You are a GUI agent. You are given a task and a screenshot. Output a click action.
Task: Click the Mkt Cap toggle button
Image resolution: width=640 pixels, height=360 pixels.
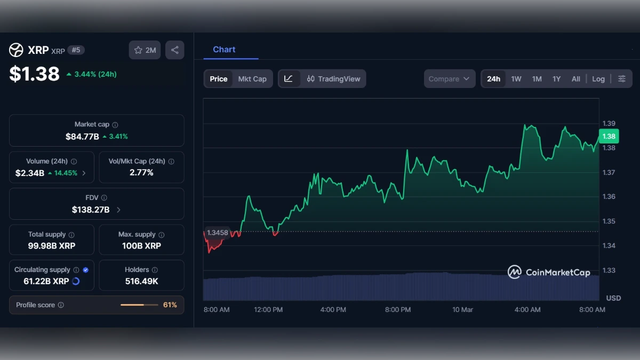coord(252,79)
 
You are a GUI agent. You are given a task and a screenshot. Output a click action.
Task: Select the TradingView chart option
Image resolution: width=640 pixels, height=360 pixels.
coord(333,79)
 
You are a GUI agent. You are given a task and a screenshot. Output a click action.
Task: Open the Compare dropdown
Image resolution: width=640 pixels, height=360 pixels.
coord(449,79)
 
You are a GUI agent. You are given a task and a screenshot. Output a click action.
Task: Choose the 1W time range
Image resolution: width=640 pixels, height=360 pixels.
coord(516,79)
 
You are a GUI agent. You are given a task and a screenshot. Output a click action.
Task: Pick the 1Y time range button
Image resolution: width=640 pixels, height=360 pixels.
coord(556,79)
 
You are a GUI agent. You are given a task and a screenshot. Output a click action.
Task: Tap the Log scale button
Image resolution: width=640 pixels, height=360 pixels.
coord(598,79)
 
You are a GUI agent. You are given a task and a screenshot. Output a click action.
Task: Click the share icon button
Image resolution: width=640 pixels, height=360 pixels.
coord(174,50)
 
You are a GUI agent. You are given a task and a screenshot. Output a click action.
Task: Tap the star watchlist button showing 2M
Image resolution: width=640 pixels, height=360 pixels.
coord(145,50)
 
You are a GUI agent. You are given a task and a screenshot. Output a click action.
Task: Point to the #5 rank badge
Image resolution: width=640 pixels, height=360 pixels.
coord(76,50)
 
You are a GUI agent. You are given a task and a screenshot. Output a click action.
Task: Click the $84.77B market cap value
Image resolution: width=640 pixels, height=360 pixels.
coord(82,137)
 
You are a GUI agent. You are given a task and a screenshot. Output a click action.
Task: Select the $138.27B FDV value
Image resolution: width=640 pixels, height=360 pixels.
coord(91,210)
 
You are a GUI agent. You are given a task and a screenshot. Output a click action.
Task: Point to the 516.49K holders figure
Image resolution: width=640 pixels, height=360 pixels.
coord(141,281)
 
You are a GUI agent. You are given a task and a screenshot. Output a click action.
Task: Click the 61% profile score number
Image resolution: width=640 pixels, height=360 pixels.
coord(170,305)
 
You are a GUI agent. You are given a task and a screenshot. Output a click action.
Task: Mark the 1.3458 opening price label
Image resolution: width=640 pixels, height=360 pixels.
coord(217,233)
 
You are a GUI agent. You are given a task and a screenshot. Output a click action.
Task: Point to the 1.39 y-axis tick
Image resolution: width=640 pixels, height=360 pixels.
coord(609,123)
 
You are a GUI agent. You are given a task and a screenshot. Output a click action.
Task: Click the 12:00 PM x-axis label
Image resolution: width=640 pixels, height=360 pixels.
coord(268,310)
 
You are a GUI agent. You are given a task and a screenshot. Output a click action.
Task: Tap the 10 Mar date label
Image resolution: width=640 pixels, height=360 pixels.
coord(462,310)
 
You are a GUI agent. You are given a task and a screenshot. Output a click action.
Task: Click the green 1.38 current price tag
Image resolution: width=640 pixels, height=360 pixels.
coord(609,137)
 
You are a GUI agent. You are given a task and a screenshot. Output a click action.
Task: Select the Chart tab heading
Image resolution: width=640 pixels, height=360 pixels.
coord(224,50)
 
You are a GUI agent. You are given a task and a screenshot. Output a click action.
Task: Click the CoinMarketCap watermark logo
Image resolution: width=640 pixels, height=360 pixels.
coord(549,273)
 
